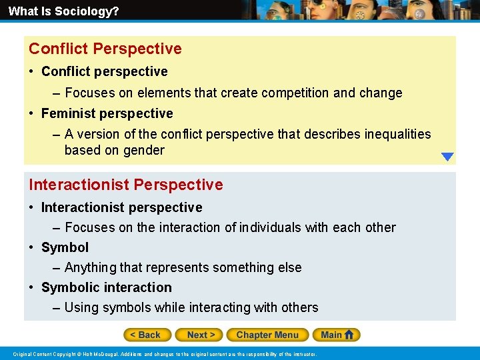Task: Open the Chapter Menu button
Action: [x=267, y=335]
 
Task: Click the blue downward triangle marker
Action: [x=447, y=157]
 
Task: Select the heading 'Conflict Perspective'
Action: [x=105, y=49]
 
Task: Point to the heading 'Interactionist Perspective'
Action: [x=125, y=185]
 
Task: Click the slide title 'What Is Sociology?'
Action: [x=63, y=11]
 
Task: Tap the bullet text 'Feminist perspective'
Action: [x=107, y=113]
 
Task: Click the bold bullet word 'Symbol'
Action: [x=65, y=247]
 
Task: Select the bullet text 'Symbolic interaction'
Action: [x=106, y=287]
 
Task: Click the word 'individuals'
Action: [x=271, y=227]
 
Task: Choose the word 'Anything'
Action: [x=90, y=267]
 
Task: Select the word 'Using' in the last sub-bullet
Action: [x=82, y=307]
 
